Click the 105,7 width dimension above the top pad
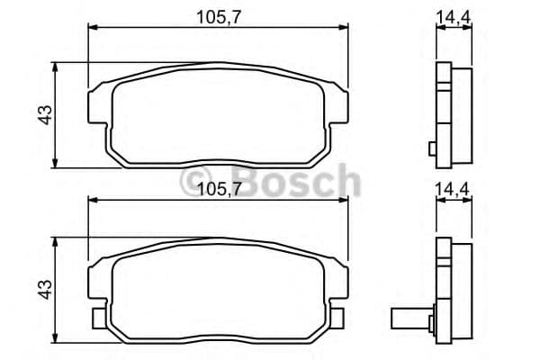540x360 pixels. [x=217, y=15]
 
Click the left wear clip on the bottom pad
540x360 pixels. [x=97, y=318]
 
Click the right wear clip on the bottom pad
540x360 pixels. [x=339, y=318]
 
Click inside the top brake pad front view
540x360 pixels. [x=217, y=112]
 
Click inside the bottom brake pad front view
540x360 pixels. [x=217, y=288]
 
